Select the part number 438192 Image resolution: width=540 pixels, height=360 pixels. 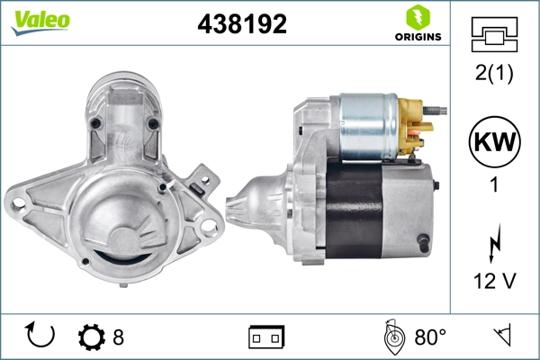coord(242,24)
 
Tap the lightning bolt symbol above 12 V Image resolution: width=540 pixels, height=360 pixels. coord(493,244)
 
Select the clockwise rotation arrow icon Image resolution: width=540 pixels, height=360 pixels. coord(41,337)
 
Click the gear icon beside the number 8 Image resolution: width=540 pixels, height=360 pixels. coord(92,337)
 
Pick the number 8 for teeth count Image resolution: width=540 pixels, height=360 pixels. coord(118,337)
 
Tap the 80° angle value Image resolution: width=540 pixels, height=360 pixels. coord(430,337)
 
